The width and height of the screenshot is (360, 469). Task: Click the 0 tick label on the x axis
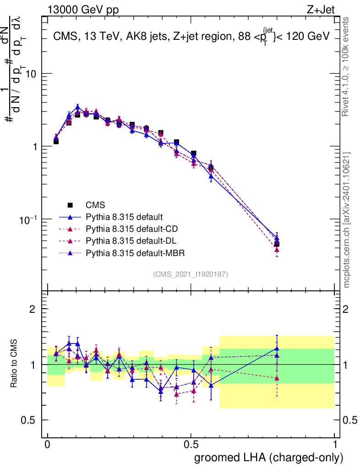coord(48,445)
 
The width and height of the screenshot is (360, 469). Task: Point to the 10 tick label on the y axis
coord(30,74)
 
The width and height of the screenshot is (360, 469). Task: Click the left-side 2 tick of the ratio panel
coord(33,309)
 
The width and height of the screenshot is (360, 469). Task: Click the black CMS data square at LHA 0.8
coord(277,244)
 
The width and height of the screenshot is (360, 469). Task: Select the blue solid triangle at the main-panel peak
coord(78,108)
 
